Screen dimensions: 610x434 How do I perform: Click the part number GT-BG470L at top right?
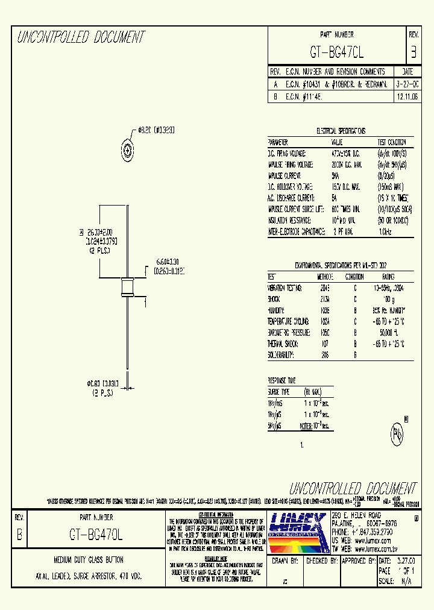coord(337,52)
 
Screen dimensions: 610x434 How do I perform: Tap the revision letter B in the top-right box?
coord(413,52)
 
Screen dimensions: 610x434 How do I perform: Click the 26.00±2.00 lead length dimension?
coord(100,231)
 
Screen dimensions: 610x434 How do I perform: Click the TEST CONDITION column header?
coord(391,142)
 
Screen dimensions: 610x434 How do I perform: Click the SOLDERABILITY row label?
coord(281,355)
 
